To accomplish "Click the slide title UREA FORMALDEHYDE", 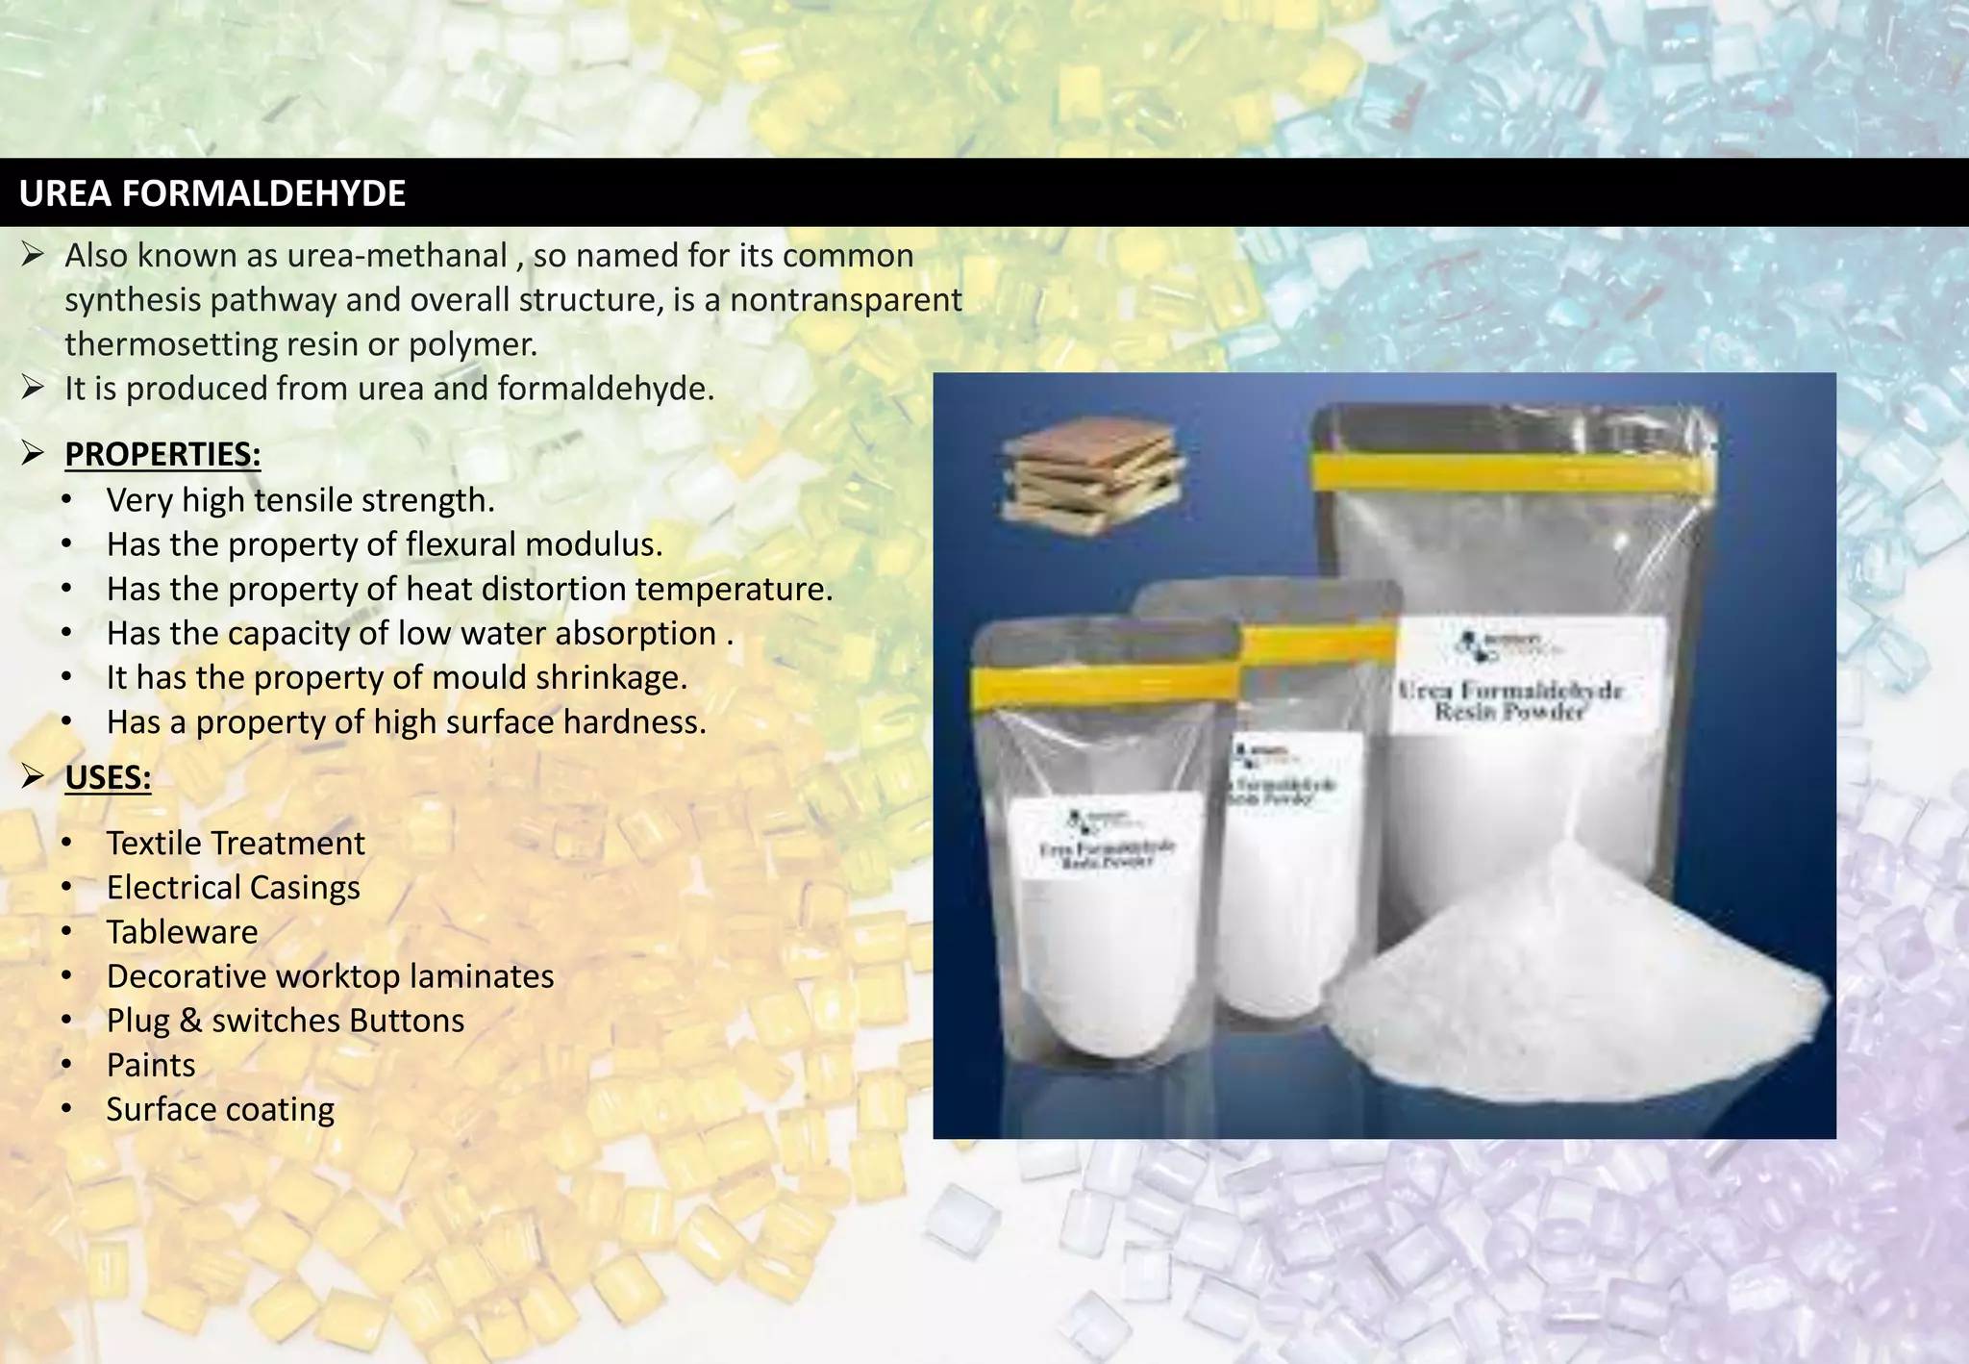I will pyautogui.click(x=212, y=193).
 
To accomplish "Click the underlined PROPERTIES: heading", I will pyautogui.click(x=162, y=454).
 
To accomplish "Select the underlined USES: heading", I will pyautogui.click(x=108, y=777).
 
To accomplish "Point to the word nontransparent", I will pyautogui.click(x=846, y=300).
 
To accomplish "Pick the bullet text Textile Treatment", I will pyautogui.click(x=236, y=844).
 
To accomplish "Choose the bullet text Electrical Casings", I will pyautogui.click(x=233, y=888).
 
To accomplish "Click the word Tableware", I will pyautogui.click(x=182, y=932).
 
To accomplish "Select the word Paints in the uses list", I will pyautogui.click(x=151, y=1065).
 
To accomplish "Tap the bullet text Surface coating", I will pyautogui.click(x=220, y=1109).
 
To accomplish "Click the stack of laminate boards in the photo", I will pyautogui.click(x=1092, y=477).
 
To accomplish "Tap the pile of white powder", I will pyautogui.click(x=1577, y=991).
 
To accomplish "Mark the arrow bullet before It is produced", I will pyautogui.click(x=34, y=389).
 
